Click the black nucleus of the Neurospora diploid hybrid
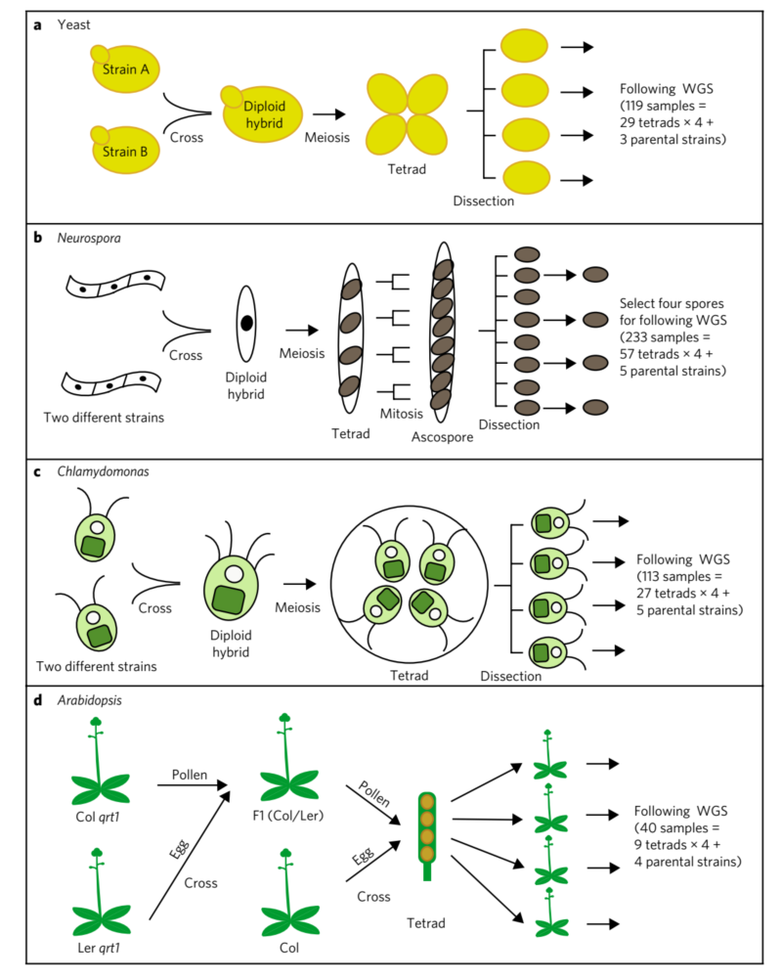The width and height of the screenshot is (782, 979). pyautogui.click(x=247, y=321)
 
